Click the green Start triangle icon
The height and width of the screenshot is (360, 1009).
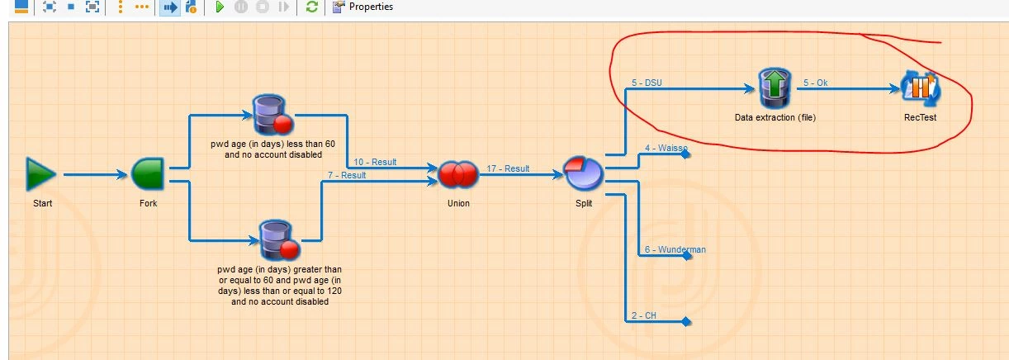click(40, 174)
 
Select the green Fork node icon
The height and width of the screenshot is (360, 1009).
click(148, 174)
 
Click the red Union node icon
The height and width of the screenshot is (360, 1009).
click(458, 174)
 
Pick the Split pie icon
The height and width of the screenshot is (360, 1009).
click(584, 173)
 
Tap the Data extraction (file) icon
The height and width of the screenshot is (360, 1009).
click(775, 88)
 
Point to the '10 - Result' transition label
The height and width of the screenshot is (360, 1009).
click(375, 162)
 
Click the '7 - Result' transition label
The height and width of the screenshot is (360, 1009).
click(347, 175)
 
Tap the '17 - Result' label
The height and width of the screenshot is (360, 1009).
click(508, 168)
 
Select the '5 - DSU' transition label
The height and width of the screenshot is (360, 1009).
click(647, 83)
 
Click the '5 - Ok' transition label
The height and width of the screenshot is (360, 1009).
click(815, 83)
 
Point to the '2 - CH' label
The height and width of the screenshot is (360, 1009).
click(644, 315)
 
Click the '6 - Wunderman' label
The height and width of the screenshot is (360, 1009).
click(675, 249)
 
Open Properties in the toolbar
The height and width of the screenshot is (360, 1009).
click(363, 7)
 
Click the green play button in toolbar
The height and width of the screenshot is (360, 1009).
click(220, 7)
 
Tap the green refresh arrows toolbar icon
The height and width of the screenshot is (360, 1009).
click(312, 7)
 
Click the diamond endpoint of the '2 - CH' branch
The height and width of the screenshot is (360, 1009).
click(685, 322)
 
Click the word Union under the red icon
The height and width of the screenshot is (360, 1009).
click(458, 203)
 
